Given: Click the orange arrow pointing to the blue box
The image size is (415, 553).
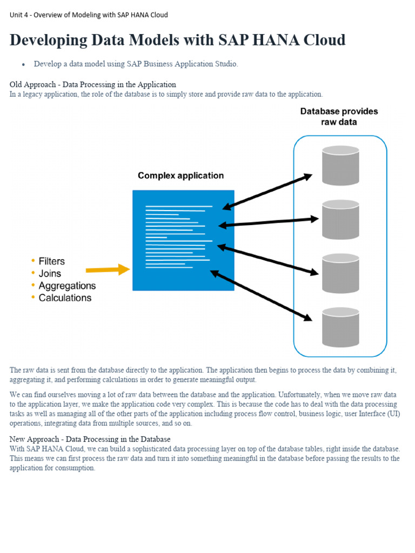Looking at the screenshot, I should click(108, 269).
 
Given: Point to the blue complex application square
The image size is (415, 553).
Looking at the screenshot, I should click(183, 240).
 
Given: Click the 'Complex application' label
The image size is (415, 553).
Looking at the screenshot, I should click(180, 176).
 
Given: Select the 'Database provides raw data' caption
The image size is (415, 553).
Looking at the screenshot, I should click(339, 117).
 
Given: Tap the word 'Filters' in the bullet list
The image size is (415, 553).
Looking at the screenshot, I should click(51, 261).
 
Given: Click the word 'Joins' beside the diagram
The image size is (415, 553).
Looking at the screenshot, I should click(50, 274).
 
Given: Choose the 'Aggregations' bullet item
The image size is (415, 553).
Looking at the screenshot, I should click(67, 286).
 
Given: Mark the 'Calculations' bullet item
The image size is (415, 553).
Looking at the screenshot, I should click(65, 298).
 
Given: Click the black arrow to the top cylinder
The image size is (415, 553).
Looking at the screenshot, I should click(267, 192).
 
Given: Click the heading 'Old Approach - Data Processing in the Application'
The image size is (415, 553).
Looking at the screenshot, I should click(92, 84).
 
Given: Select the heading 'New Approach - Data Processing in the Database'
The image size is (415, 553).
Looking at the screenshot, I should click(90, 439).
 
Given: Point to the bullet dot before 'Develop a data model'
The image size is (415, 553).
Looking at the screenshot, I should click(24, 65).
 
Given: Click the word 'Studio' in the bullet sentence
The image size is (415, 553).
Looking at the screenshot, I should click(226, 64).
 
